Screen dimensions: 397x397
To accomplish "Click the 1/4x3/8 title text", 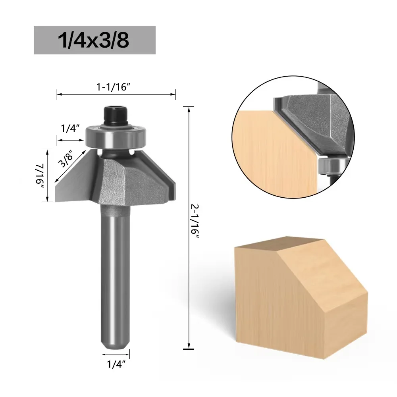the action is pyautogui.click(x=94, y=40).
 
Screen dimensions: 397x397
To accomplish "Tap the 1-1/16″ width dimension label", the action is pyautogui.click(x=113, y=87).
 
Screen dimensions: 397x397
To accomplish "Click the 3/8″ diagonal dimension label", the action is pyautogui.click(x=66, y=159).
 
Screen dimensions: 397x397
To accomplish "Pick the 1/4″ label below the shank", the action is pyautogui.click(x=116, y=364).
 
